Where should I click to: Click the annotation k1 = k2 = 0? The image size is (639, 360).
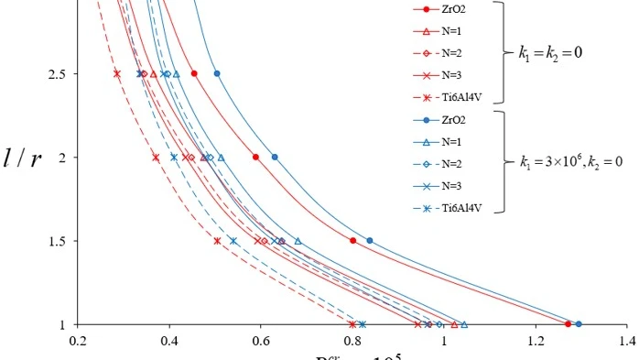coord(549,52)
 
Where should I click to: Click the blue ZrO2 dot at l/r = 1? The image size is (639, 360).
coord(578,324)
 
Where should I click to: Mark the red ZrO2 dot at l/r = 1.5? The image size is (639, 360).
coord(352,241)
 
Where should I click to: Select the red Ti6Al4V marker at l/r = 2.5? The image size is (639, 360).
coord(117,73)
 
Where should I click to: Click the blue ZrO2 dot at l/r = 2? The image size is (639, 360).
coord(275,157)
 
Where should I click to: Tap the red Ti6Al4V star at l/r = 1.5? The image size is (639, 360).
coord(217,241)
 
